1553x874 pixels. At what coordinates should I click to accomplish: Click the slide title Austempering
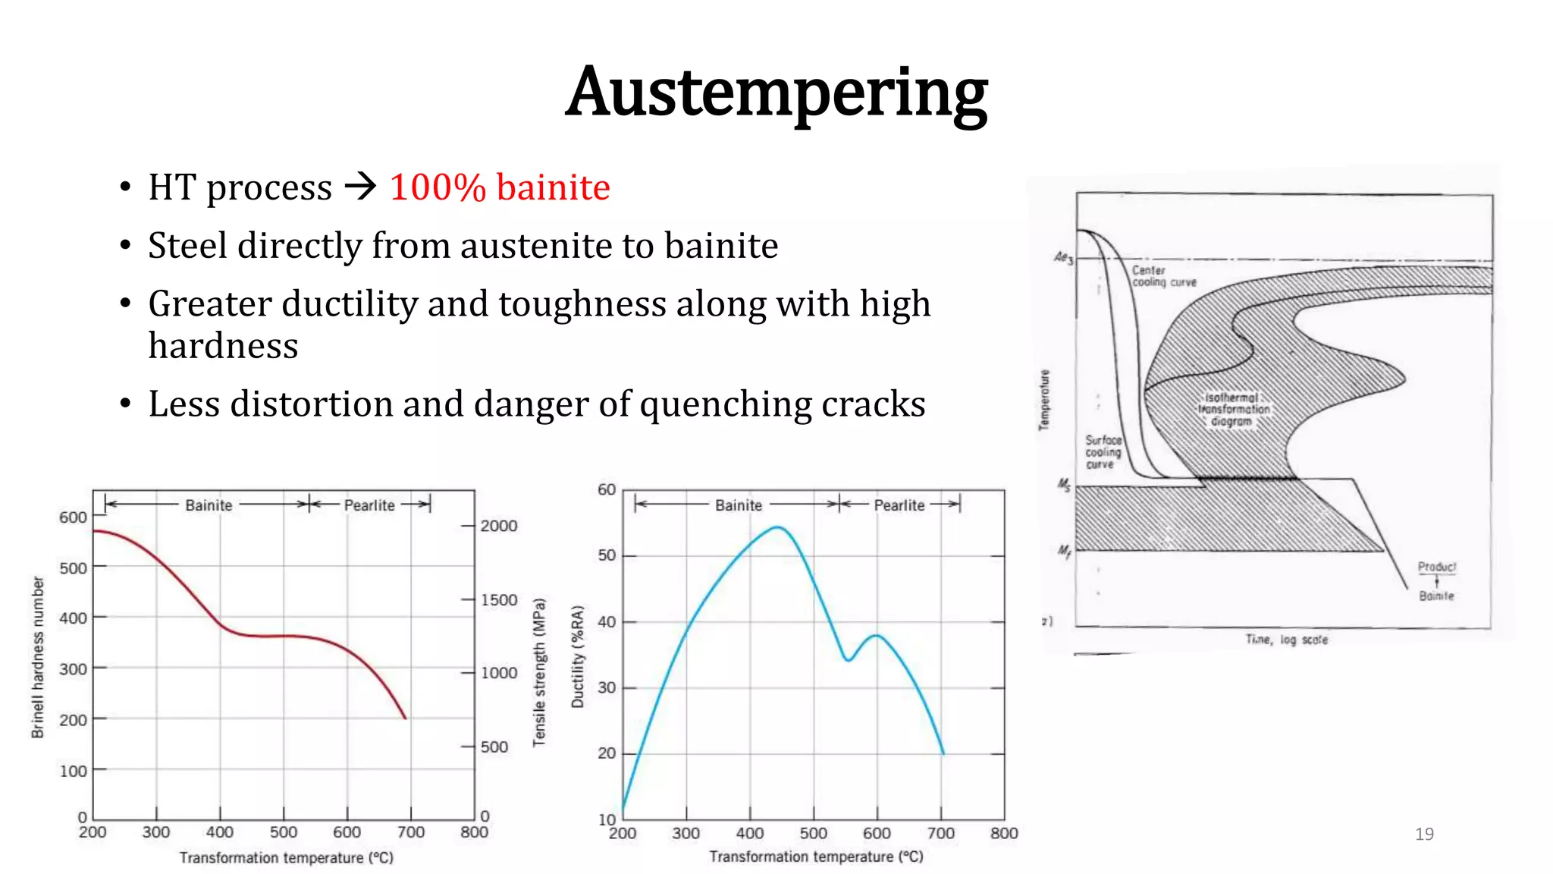[x=776, y=93]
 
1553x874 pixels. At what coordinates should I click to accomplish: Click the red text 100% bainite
[x=499, y=187]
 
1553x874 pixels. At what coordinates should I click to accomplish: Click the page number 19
[x=1424, y=834]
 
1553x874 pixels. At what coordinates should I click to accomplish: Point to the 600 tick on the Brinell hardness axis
[x=73, y=517]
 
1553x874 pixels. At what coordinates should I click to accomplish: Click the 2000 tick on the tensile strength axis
[x=498, y=526]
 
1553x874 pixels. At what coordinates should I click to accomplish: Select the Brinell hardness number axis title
[x=38, y=656]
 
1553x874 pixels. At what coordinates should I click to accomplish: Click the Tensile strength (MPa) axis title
[x=539, y=672]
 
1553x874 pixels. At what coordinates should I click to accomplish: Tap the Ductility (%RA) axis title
[x=578, y=656]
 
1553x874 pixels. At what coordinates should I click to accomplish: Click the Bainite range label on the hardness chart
[x=209, y=505]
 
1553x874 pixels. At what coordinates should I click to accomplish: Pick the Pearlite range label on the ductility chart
[x=899, y=505]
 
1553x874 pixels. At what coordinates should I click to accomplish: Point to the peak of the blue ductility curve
[x=778, y=527]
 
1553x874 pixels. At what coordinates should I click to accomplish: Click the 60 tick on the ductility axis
[x=607, y=489]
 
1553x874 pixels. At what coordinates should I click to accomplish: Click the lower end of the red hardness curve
[x=405, y=717]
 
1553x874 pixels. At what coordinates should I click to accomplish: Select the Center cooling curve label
[x=1162, y=276]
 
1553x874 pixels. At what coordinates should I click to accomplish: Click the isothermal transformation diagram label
[x=1232, y=409]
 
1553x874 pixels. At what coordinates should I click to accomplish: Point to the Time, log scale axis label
[x=1286, y=640]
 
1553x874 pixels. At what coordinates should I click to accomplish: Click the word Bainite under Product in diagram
[x=1436, y=596]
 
